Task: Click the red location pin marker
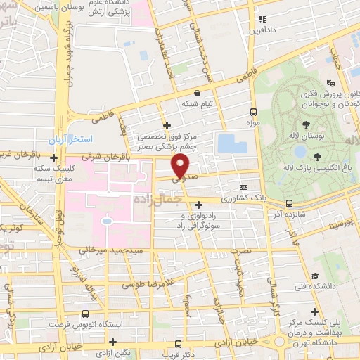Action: [x=181, y=165]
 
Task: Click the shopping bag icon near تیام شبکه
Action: [x=198, y=93]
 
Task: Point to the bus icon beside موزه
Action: [x=253, y=111]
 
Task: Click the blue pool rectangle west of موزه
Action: [x=232, y=143]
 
